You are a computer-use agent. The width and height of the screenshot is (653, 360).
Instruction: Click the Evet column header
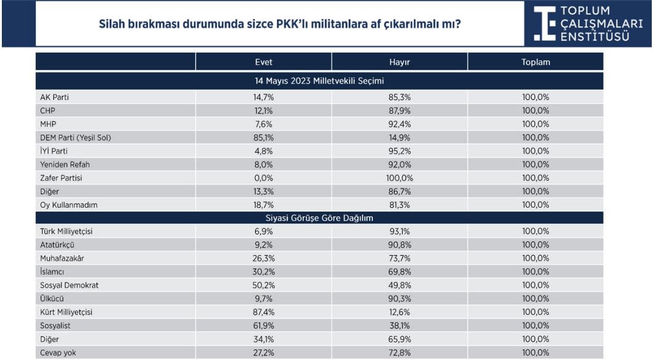tap(263, 62)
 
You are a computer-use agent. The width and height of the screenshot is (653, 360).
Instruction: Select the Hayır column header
tap(400, 62)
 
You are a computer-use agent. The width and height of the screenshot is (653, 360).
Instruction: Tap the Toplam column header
tap(535, 62)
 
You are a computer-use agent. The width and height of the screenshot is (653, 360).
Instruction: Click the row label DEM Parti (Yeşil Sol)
tap(75, 137)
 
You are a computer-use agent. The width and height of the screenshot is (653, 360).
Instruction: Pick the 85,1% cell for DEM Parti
tap(264, 137)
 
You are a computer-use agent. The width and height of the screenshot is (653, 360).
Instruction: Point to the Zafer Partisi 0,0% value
tap(264, 178)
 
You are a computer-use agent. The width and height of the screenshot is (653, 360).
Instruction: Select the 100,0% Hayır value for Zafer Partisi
tap(400, 178)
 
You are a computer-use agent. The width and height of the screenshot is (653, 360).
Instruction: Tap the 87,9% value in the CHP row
tap(400, 110)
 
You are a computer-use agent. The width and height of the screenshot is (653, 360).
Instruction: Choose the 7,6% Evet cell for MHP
tap(264, 124)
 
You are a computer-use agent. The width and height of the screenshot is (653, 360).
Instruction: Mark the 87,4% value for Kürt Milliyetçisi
tap(264, 313)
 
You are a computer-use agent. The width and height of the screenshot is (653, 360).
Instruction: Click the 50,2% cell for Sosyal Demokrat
tap(264, 285)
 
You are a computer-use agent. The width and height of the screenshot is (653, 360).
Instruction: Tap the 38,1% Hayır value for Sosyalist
tap(400, 326)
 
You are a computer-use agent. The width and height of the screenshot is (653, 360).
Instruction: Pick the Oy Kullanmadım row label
tap(68, 205)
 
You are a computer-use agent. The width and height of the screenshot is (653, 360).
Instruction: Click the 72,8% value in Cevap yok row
tap(400, 353)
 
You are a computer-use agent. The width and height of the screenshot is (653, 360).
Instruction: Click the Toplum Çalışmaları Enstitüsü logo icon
tap(544, 24)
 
